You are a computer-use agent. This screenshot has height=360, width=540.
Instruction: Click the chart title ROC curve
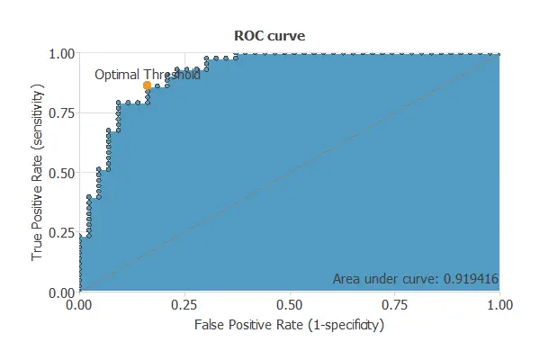pos(269,36)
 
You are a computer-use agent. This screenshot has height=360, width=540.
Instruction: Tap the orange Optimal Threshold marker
pos(147,85)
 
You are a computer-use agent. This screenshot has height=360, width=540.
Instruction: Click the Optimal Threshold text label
pos(148,76)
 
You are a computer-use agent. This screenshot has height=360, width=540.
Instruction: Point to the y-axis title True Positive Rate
pos(39,174)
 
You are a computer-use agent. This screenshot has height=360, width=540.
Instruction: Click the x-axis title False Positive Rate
pos(289,325)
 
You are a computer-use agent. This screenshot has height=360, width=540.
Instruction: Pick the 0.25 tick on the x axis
pos(184,306)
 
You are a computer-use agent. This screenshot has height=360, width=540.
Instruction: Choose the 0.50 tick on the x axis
pos(289,306)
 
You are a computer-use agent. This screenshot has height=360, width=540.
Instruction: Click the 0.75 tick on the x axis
pos(394,306)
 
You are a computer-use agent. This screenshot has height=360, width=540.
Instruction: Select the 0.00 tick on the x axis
pos(79,306)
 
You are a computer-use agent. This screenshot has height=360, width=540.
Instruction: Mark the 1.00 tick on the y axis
pos(61,53)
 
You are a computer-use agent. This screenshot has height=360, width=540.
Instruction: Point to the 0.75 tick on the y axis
pos(61,113)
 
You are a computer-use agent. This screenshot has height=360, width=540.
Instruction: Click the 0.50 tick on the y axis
pos(61,173)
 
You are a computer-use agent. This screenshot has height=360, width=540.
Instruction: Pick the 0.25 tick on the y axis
pos(61,233)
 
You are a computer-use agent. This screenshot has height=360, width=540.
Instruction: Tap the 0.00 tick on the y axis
pos(61,292)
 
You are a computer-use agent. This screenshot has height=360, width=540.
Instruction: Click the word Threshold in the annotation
pos(172,76)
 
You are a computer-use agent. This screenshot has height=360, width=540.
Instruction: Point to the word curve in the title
pos(285,36)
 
